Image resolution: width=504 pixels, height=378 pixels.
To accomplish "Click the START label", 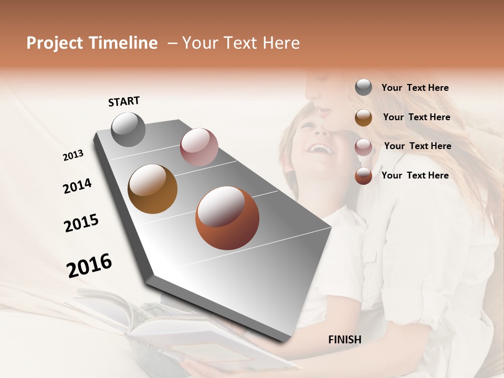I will [124, 101].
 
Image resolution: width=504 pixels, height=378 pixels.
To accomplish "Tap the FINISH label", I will [344, 340].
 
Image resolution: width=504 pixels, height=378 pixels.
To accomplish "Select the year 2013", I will [73, 155].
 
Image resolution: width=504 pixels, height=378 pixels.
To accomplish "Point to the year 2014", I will [77, 186].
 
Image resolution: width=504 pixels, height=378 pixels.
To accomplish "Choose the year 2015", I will [81, 223].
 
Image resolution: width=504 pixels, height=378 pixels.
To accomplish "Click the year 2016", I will [89, 265].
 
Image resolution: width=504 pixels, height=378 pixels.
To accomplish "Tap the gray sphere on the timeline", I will [128, 129].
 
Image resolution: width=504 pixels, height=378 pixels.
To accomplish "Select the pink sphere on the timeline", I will [199, 146].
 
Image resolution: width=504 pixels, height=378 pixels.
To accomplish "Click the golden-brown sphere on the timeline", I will [152, 189].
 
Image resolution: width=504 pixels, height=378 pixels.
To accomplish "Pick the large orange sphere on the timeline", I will [227, 218].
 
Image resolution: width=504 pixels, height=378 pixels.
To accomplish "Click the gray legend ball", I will [363, 87].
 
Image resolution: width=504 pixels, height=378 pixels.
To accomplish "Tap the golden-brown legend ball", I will [363, 118].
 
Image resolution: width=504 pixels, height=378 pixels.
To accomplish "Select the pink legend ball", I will [363, 147].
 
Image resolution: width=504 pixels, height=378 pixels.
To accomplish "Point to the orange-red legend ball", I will [363, 176].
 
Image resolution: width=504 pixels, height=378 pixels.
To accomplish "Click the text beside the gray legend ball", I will [415, 88].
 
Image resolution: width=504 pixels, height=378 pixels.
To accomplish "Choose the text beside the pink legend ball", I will [417, 146].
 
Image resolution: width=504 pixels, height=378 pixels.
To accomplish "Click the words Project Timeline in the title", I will [92, 43].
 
